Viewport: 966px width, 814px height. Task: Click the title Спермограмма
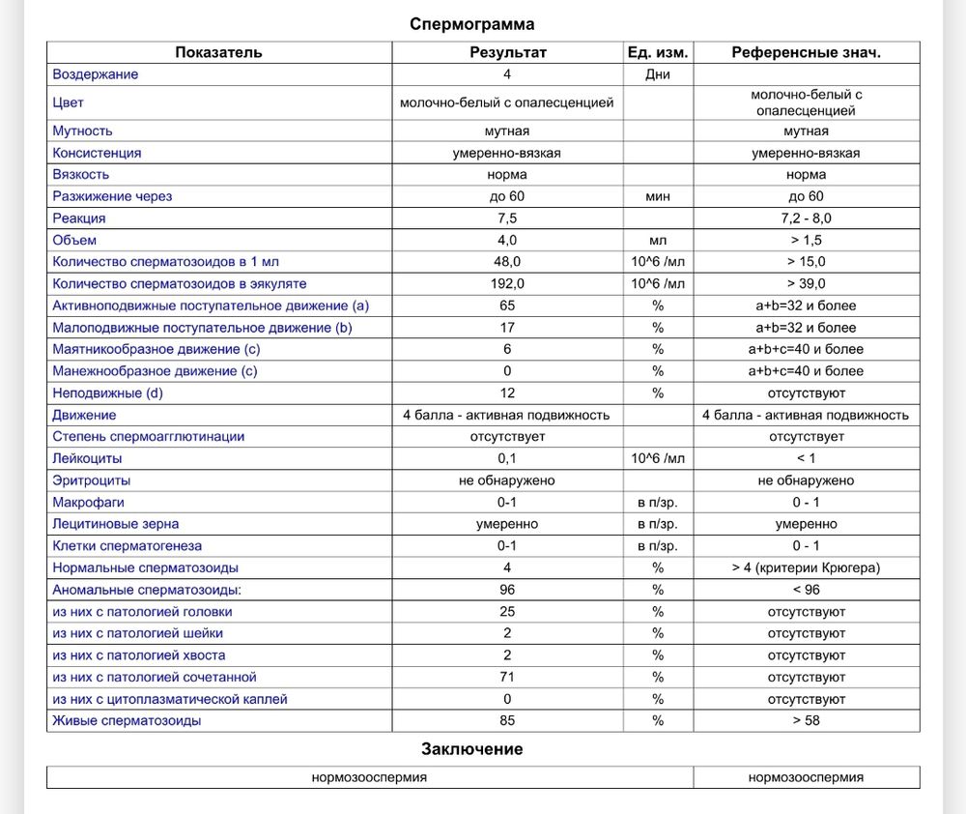471,24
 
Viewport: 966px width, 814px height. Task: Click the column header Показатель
218,52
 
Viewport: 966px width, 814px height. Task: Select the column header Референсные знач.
806,52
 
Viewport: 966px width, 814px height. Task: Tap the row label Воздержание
96,74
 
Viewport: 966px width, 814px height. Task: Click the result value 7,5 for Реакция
507,218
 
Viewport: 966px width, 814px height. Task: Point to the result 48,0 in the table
507,262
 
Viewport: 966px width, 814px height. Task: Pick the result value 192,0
507,284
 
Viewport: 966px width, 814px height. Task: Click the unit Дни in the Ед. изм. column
658,74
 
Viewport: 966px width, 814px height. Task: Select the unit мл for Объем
658,240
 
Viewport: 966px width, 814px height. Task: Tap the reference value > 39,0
806,284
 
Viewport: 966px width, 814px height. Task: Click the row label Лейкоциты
88,459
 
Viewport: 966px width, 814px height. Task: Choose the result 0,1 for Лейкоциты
507,459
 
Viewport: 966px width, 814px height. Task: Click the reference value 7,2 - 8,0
806,218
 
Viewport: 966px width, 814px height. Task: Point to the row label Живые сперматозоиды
128,721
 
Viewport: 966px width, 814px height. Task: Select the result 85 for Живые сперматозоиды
507,721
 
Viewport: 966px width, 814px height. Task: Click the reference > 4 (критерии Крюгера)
806,568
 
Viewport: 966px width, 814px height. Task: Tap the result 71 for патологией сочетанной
507,678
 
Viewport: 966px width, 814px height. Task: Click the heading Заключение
471,749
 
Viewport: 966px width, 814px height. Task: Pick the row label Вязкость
81,175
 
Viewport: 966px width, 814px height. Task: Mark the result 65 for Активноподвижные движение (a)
507,305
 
